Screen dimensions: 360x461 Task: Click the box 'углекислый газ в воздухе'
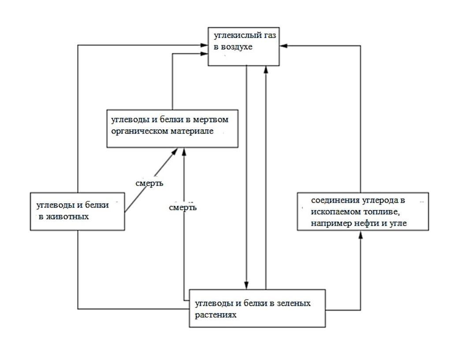(x=243, y=46)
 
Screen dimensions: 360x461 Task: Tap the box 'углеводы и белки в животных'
(x=77, y=211)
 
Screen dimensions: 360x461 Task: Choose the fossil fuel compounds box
(x=363, y=211)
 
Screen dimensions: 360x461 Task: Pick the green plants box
(x=257, y=308)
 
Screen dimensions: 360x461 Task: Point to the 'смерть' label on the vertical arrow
(x=182, y=207)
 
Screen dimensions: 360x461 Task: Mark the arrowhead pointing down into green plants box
(x=247, y=285)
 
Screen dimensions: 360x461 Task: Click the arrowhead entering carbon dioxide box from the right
(x=283, y=45)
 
